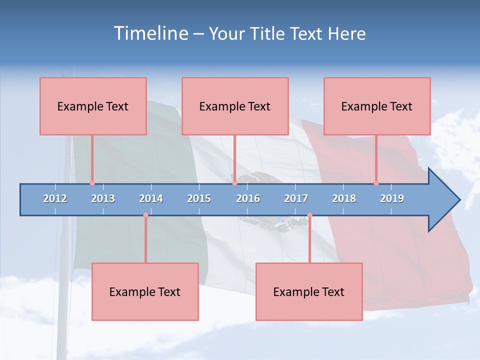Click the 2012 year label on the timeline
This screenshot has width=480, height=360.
coord(55,198)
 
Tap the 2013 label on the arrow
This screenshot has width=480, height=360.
coord(103,198)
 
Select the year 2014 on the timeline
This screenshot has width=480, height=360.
coord(151,198)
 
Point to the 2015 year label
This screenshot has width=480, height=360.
coord(199,198)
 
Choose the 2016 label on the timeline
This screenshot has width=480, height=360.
coord(248,198)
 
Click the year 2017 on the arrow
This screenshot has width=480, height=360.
coord(296,198)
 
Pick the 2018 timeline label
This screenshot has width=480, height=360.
coord(344,198)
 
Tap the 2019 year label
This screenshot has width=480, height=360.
coord(392,198)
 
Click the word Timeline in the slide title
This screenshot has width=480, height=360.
coord(149,33)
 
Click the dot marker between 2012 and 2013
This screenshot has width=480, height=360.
coord(92,183)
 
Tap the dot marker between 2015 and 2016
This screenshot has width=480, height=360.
coord(234,183)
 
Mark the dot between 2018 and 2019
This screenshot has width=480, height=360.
coord(376,183)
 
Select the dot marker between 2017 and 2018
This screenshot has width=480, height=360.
coord(309,215)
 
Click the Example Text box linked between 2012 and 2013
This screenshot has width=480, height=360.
coord(93,106)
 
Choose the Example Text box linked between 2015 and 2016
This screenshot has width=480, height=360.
coord(235,106)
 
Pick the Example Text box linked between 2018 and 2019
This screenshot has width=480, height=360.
coord(377,106)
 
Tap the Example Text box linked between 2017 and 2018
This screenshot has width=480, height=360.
coord(309,291)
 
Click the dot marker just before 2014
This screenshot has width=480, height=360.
coord(145,215)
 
